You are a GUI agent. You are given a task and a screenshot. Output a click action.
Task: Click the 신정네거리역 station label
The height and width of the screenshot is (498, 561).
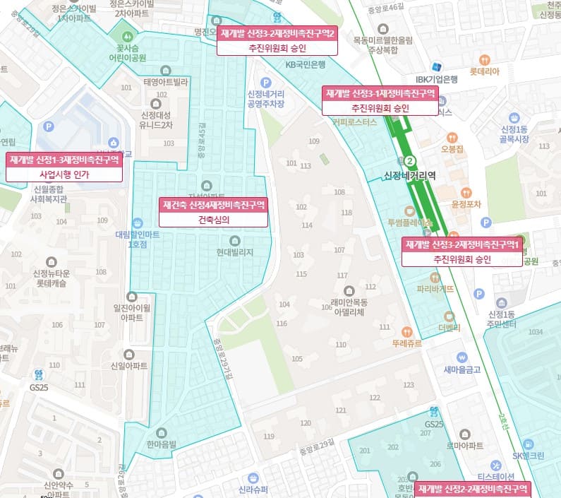(x=410, y=176)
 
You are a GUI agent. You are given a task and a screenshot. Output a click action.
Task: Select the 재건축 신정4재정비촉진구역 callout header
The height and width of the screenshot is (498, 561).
(x=214, y=205)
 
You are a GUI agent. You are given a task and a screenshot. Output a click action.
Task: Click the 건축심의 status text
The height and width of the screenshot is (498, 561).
(x=214, y=220)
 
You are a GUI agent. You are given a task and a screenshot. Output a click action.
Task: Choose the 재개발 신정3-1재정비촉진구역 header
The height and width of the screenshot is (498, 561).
(x=380, y=93)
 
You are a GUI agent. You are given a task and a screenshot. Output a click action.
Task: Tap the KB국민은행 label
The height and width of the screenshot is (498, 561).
(x=305, y=64)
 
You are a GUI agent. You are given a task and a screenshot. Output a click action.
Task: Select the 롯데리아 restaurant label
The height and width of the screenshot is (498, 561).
(x=484, y=71)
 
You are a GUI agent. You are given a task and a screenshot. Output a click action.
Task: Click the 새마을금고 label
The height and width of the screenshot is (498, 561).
(x=462, y=369)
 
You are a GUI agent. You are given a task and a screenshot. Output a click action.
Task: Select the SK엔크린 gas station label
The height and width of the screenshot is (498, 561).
(x=529, y=456)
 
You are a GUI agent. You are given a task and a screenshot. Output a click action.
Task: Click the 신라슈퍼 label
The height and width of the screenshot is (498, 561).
(x=253, y=490)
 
